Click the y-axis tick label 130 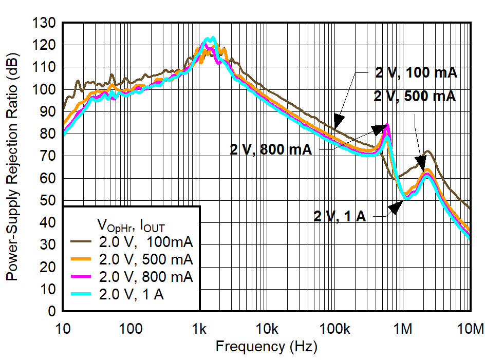(44, 23)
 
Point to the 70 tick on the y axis (48, 156)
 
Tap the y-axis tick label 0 (51, 311)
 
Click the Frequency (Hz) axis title (266, 346)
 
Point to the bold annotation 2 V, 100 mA (416, 73)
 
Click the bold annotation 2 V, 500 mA (416, 96)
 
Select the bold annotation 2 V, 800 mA (271, 149)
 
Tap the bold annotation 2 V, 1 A (340, 216)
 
